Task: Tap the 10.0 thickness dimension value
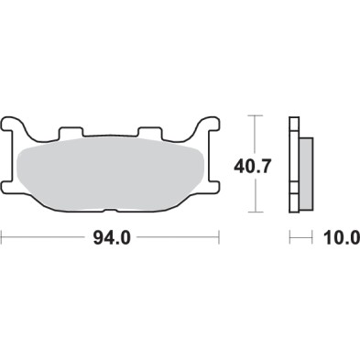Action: tap(338, 239)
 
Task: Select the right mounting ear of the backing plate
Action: tap(211, 127)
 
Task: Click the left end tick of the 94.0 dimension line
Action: tap(4, 239)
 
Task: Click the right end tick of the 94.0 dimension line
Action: tap(222, 239)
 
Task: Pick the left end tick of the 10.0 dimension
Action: tap(290, 239)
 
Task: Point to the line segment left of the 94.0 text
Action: tap(46, 239)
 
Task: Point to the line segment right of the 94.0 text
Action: tap(179, 239)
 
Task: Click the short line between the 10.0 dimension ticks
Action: tap(301, 239)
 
